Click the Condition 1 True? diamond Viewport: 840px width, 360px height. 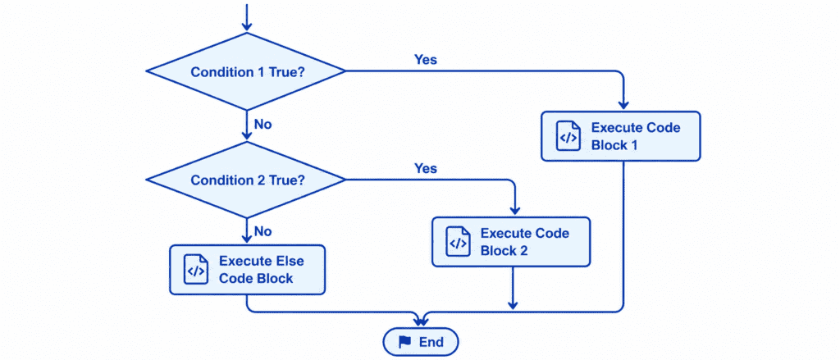coord(246,71)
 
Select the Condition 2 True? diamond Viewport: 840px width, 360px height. coord(246,180)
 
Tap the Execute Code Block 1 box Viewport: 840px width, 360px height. coord(621,136)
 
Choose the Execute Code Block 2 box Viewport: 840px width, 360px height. coord(511,242)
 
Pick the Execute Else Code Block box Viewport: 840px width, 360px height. coord(247,270)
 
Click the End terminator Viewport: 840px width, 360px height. coord(421,342)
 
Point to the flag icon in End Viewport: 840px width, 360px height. coord(405,342)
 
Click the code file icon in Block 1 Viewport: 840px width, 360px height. coord(568,136)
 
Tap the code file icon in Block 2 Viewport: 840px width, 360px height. coord(458,242)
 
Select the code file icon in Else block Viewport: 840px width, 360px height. coord(196,270)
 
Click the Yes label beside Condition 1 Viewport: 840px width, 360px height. coord(426,60)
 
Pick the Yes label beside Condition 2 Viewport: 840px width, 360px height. coord(426,168)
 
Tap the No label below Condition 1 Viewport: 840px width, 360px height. coord(263,125)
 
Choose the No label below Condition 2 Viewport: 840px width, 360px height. coord(263,231)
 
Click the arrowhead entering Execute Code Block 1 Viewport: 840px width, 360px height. coord(624,105)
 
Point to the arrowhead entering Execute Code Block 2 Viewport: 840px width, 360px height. coord(514,211)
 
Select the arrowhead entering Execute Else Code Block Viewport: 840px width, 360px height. coord(246,239)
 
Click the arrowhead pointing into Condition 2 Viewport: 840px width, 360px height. coord(246,135)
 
